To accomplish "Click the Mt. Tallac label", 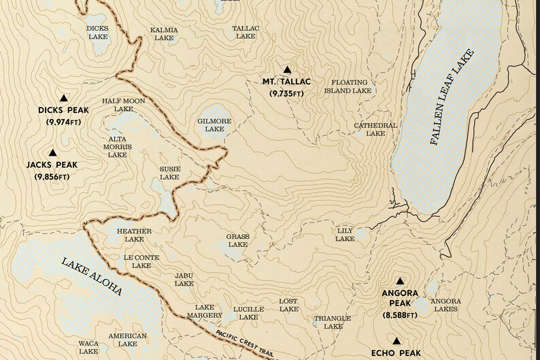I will tap(286, 82).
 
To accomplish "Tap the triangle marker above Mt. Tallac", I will tap(287, 69).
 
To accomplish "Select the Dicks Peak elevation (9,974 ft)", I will tap(63, 121).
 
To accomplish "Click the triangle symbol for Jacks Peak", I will tap(52, 153).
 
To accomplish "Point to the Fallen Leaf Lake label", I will tap(452, 99).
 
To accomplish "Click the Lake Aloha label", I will tap(91, 278).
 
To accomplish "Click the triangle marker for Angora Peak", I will tap(400, 280).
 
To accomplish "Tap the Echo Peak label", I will tap(396, 353).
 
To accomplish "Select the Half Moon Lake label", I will tap(123, 105).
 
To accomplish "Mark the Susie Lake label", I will tap(169, 173).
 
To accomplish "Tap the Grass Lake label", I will tap(237, 240).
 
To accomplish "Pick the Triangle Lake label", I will tap(333, 322).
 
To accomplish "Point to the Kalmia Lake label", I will tap(164, 34).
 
